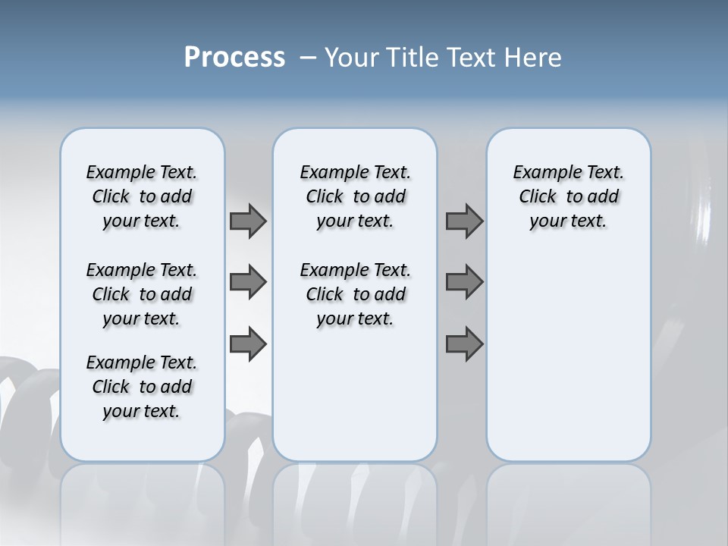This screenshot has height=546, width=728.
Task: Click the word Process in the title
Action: [x=234, y=57]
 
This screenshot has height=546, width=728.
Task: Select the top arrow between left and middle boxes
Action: [x=247, y=221]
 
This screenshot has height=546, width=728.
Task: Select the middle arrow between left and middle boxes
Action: [x=247, y=282]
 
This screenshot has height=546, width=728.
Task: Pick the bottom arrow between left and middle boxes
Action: [x=247, y=344]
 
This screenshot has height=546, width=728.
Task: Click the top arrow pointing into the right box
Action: [x=464, y=221]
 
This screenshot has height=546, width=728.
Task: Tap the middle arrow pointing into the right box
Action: [x=464, y=282]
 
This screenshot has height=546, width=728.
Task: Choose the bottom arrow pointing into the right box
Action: [x=464, y=344]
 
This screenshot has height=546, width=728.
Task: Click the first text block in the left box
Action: [x=142, y=196]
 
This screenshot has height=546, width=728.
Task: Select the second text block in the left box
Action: [x=142, y=294]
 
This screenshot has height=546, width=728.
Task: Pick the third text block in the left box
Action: [x=142, y=387]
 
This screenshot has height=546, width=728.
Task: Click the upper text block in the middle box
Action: [x=355, y=196]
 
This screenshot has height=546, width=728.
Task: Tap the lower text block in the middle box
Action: [x=355, y=294]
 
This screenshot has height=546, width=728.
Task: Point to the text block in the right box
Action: [x=568, y=196]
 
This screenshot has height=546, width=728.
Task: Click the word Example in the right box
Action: [x=544, y=173]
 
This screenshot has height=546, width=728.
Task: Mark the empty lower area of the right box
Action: [x=568, y=356]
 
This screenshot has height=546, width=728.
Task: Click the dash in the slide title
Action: [x=307, y=57]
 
